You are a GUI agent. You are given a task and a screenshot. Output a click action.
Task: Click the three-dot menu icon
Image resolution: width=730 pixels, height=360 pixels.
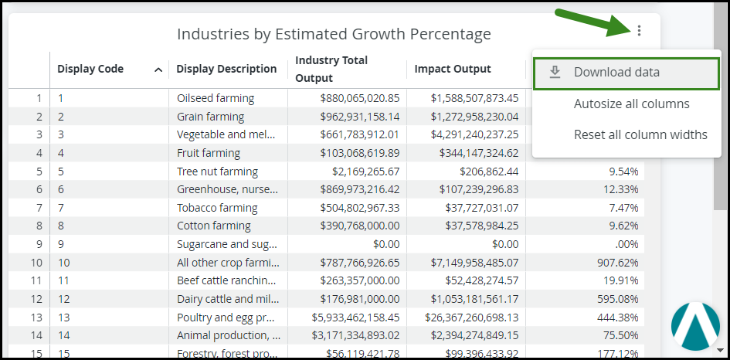(x=639, y=31)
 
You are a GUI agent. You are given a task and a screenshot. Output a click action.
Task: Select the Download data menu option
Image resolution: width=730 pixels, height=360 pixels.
(x=616, y=73)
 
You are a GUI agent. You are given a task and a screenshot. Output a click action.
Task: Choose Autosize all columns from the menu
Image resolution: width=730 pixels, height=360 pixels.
(x=631, y=104)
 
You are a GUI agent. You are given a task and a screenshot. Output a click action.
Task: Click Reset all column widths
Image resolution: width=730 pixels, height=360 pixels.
(x=640, y=134)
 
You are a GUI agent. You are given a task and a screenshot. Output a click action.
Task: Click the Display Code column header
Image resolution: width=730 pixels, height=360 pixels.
(x=90, y=69)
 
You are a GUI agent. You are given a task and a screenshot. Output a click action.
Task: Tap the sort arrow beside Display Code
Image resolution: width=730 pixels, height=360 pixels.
(x=158, y=70)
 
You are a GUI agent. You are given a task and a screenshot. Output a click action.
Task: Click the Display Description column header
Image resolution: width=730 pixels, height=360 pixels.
(x=226, y=69)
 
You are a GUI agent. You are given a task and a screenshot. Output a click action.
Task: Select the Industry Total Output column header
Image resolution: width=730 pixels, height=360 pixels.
(x=331, y=69)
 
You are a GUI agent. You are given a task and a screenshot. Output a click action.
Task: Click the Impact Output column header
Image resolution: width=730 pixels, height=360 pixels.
(x=453, y=69)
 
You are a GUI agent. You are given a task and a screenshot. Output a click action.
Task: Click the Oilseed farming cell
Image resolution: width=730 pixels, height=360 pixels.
(x=216, y=98)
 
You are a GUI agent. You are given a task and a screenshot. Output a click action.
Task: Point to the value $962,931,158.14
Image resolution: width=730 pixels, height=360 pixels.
(x=351, y=117)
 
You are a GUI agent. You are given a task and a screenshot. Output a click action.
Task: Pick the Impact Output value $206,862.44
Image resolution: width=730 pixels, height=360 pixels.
(x=488, y=172)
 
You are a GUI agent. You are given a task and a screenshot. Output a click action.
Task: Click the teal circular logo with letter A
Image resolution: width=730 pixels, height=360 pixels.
(x=695, y=326)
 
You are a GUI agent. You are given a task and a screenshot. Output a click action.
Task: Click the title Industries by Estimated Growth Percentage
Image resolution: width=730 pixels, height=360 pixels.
(x=334, y=34)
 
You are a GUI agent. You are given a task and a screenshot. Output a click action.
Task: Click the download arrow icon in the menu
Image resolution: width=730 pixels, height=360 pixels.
(x=555, y=73)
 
